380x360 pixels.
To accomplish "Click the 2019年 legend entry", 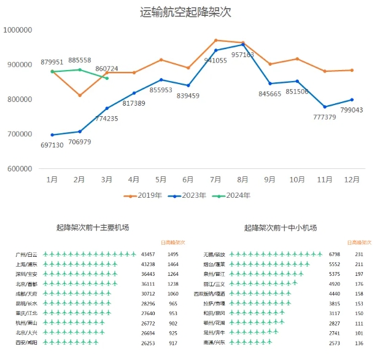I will pyautogui.click(x=146, y=195).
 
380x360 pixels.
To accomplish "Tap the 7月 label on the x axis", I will pyautogui.click(x=215, y=179).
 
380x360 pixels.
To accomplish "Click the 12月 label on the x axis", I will pyautogui.click(x=351, y=179).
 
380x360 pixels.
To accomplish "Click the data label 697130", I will pyautogui.click(x=52, y=145).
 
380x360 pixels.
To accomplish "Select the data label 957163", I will pyautogui.click(x=242, y=55).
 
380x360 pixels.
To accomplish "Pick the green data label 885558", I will pyautogui.click(x=80, y=60).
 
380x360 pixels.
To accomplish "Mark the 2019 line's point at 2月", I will pyautogui.click(x=80, y=95).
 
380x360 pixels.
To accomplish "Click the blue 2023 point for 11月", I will pyautogui.click(x=324, y=107).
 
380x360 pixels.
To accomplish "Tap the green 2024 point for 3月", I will pyautogui.click(x=107, y=78).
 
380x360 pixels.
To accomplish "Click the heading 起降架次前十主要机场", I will pyautogui.click(x=92, y=228).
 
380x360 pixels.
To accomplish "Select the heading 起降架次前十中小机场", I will pyautogui.click(x=280, y=228).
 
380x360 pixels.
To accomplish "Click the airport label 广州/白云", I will pyautogui.click(x=26, y=254).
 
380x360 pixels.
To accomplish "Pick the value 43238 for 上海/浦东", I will pyautogui.click(x=148, y=264).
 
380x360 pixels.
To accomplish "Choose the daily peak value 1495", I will pyautogui.click(x=173, y=254).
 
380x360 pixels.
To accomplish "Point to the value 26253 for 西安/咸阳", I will pyautogui.click(x=148, y=343).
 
